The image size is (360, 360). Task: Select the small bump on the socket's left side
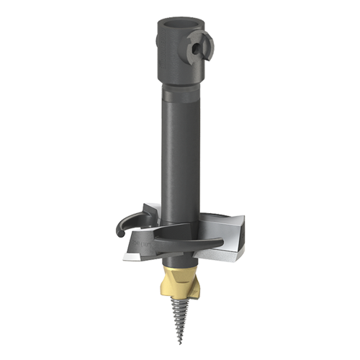155,50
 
